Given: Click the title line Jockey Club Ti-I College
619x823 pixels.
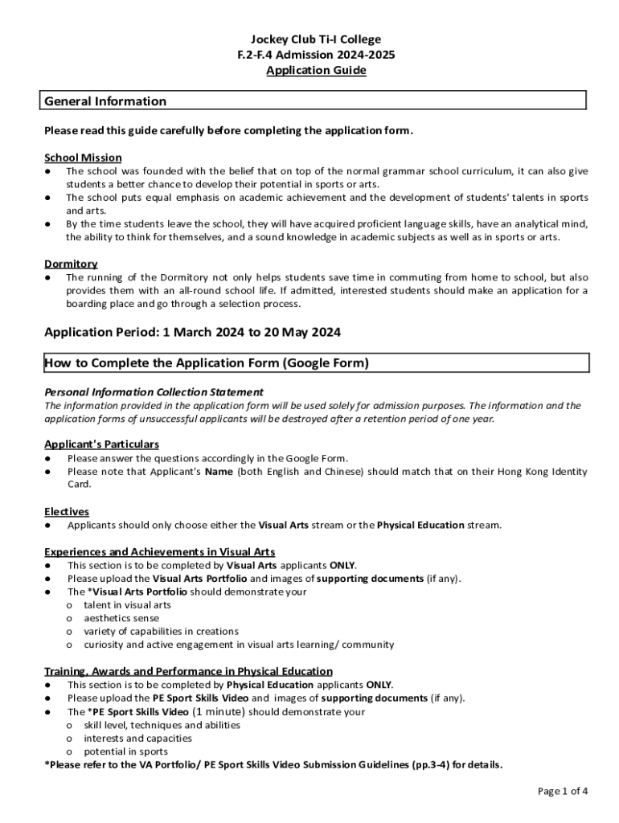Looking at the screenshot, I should tap(315, 39).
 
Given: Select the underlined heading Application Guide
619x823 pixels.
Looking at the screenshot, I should tap(315, 71).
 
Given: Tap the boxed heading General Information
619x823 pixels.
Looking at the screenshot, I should tap(105, 101).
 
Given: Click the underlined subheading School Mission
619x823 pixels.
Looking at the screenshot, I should tap(83, 158).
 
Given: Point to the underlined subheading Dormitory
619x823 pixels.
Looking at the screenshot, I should tap(71, 264).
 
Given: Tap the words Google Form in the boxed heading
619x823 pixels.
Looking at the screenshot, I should tap(324, 363).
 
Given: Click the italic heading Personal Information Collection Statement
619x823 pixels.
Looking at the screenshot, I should tap(154, 392).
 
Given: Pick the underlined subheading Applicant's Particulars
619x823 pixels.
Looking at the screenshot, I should tap(101, 444).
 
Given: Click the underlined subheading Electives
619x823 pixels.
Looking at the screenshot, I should tap(67, 511).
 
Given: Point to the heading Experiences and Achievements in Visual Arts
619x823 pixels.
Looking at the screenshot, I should tap(159, 552).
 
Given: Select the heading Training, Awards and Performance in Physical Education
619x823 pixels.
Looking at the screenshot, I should tap(188, 671).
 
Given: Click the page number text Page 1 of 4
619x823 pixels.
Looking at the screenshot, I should tap(563, 791).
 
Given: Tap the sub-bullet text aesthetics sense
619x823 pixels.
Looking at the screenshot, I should tap(121, 618).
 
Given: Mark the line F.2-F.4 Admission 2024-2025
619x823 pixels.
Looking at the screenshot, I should tap(315, 55).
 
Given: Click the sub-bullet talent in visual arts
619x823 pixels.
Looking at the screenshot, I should tap(127, 605).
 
